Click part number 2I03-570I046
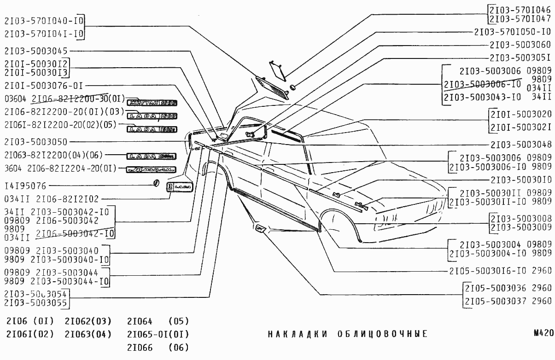point(520,9)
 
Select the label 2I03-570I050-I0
point(513,32)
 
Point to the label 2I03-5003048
point(520,145)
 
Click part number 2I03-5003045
point(36,51)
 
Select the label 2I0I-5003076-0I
point(43,85)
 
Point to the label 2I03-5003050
point(36,142)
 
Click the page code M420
point(543,333)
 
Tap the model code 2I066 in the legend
point(140,347)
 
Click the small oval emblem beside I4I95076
point(156,183)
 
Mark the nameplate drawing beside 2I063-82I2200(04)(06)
point(152,157)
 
